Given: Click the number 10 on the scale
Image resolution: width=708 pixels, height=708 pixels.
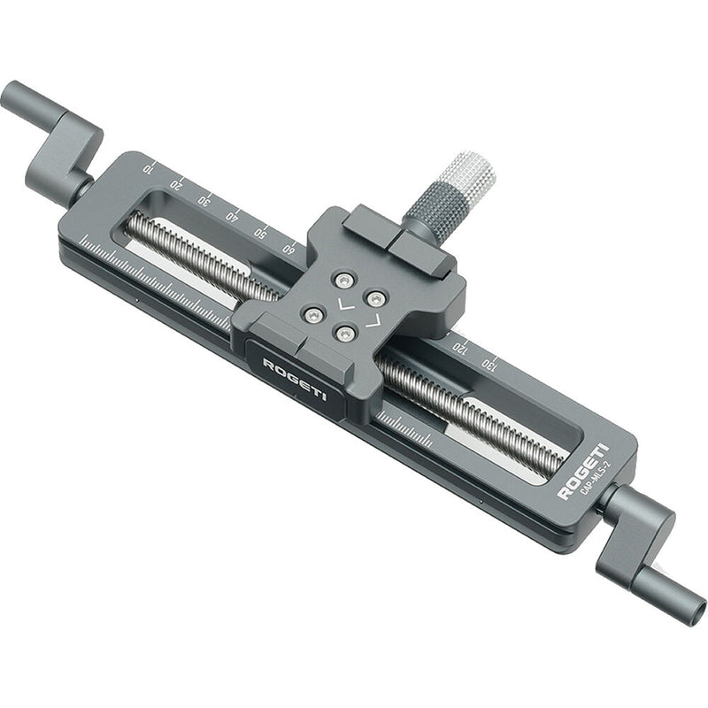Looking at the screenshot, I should (149, 165).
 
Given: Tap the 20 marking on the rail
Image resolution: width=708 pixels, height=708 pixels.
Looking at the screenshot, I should (177, 183).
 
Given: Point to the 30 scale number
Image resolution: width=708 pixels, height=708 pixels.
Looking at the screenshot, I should (204, 200).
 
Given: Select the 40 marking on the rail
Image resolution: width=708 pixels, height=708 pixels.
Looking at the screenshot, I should (232, 216).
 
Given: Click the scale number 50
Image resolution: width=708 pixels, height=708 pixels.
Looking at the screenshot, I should (260, 233).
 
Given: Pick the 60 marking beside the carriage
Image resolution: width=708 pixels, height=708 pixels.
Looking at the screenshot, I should (288, 249).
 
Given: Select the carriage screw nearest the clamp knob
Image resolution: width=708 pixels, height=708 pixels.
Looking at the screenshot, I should (376, 298).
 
